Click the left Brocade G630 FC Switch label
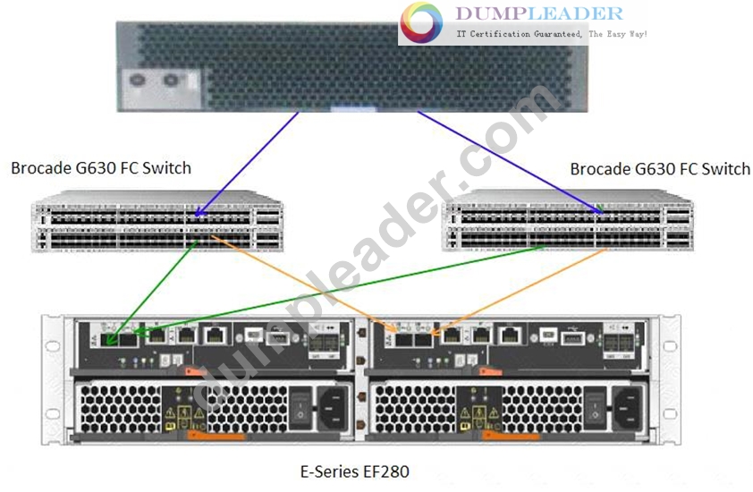[x=101, y=168]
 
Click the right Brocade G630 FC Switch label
[x=660, y=169]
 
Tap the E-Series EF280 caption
[x=354, y=471]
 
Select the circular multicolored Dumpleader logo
[x=421, y=22]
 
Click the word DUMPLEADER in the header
[x=539, y=13]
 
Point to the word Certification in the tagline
[x=500, y=34]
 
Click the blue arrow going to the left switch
[x=246, y=164]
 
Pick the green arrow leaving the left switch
[x=152, y=293]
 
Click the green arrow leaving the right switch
[x=339, y=289]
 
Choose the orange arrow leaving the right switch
[x=519, y=291]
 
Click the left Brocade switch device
[x=157, y=221]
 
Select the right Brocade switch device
[x=568, y=220]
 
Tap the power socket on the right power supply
[x=627, y=409]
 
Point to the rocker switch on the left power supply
[x=300, y=410]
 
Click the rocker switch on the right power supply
[x=595, y=411]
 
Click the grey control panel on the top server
[x=161, y=89]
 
